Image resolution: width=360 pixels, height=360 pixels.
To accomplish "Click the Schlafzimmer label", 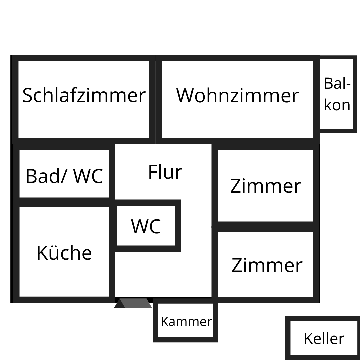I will tap(84, 95).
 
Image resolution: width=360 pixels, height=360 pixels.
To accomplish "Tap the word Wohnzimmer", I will tap(237, 96).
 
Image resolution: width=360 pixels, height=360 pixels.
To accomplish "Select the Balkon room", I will tap(337, 94).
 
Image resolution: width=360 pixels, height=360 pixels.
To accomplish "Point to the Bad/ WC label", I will tap(64, 176).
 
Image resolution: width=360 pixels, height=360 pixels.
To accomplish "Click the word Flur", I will tap(165, 172).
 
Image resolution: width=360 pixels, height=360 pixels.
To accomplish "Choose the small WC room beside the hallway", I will tap(146, 226).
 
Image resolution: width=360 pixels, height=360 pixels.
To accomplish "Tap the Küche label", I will tap(64, 253).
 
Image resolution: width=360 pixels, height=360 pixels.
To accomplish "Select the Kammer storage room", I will tap(186, 322).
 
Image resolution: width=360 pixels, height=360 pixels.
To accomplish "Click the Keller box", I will tap(323, 338).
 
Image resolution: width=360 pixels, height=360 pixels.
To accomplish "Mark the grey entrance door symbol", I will tap(134, 303).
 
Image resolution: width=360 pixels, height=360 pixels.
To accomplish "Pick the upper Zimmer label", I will tap(266, 186).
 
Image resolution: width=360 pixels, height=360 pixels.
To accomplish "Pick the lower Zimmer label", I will tap(267, 265).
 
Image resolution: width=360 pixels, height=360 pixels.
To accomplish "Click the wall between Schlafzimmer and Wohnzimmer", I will tap(156, 99).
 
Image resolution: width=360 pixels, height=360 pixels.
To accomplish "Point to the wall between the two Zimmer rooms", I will tap(266, 227).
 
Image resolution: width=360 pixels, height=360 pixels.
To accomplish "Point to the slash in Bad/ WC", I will tap(64, 176).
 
